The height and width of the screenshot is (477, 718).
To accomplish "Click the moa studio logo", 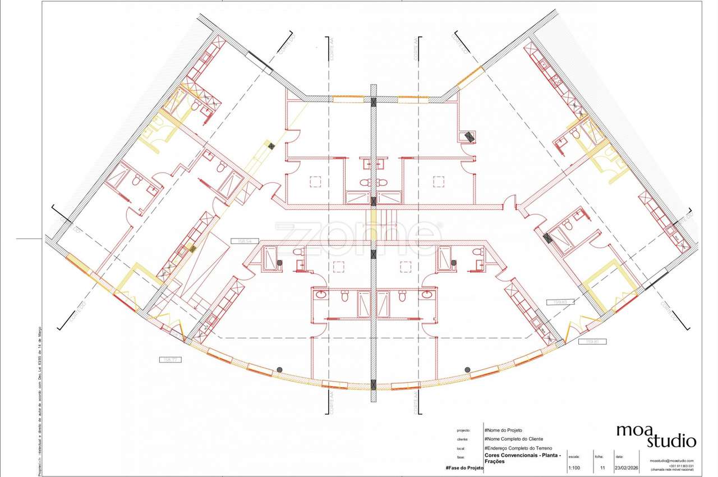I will [656, 435].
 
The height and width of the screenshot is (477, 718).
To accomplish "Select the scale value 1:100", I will [574, 467].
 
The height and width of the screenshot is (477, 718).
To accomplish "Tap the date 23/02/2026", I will [627, 467].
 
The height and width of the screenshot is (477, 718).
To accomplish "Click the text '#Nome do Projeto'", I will [503, 430].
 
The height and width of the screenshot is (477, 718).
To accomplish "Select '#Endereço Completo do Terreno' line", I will [518, 448].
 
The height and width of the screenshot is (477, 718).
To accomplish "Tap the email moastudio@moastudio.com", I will [672, 461].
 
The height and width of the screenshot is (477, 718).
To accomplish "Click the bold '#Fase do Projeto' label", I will [464, 467].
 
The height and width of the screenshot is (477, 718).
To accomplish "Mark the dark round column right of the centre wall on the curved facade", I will [467, 369].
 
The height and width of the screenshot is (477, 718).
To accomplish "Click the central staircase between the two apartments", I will [381, 222].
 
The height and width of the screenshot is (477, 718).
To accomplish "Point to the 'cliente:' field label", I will [463, 439].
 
